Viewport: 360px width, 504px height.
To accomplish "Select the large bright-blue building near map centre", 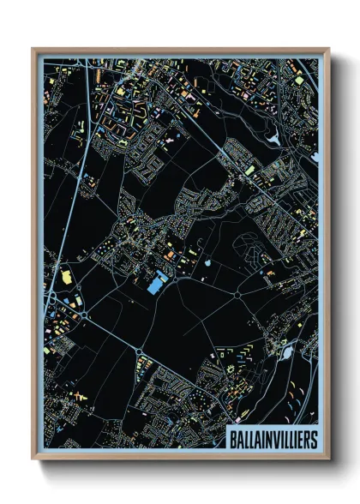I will pyautogui.click(x=157, y=284).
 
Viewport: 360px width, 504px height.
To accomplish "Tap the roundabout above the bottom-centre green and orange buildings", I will pyautogui.click(x=138, y=350).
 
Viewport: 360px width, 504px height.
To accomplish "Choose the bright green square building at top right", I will pyautogui.click(x=298, y=81).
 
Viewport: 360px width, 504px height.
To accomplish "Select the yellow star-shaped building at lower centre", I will pyautogui.click(x=230, y=369).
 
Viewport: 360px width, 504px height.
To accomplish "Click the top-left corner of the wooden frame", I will pyautogui.click(x=33, y=50).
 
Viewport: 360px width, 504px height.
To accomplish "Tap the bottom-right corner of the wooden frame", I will pyautogui.click(x=329, y=460).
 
